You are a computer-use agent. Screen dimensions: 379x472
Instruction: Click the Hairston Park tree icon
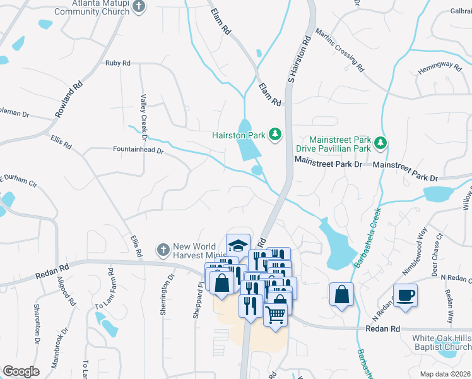[274, 134]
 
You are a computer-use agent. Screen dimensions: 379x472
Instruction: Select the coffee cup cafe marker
[404, 294]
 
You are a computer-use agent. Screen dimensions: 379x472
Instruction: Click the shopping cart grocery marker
[276, 313]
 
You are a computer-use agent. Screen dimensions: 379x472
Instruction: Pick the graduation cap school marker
[238, 245]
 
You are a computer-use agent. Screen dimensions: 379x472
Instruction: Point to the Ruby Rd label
[117, 63]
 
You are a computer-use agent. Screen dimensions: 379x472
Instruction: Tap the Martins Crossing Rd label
[339, 50]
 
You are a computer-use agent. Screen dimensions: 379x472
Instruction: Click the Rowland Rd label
[69, 100]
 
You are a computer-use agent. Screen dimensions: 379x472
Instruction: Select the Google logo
[21, 371]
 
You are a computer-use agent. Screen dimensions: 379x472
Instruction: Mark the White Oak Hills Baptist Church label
[441, 342]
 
